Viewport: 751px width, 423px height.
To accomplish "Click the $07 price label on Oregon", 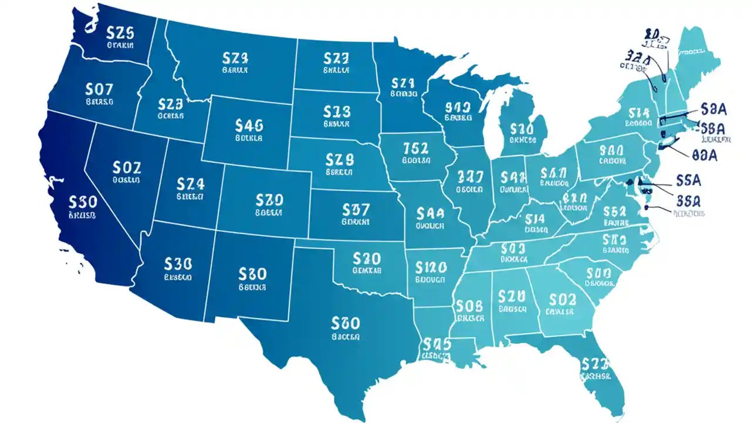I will click(x=99, y=90).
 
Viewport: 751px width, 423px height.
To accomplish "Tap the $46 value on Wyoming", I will click(x=249, y=125).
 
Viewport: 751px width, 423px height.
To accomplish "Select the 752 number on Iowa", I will click(x=417, y=147).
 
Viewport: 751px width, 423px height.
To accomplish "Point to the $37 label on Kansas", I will click(x=356, y=210).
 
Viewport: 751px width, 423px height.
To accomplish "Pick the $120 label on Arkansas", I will click(x=431, y=268).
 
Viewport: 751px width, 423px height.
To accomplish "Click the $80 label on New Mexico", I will click(x=253, y=274).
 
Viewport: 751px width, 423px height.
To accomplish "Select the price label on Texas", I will click(x=346, y=323).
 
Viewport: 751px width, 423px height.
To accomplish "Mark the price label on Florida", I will click(x=596, y=364).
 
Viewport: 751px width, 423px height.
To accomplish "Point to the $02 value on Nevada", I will click(x=126, y=167).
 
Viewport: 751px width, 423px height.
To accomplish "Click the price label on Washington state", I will click(x=120, y=32).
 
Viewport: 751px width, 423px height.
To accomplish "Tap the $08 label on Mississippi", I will click(x=469, y=305).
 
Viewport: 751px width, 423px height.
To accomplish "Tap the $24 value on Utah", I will click(x=191, y=184).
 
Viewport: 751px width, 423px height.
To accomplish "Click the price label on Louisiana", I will click(x=436, y=343).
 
